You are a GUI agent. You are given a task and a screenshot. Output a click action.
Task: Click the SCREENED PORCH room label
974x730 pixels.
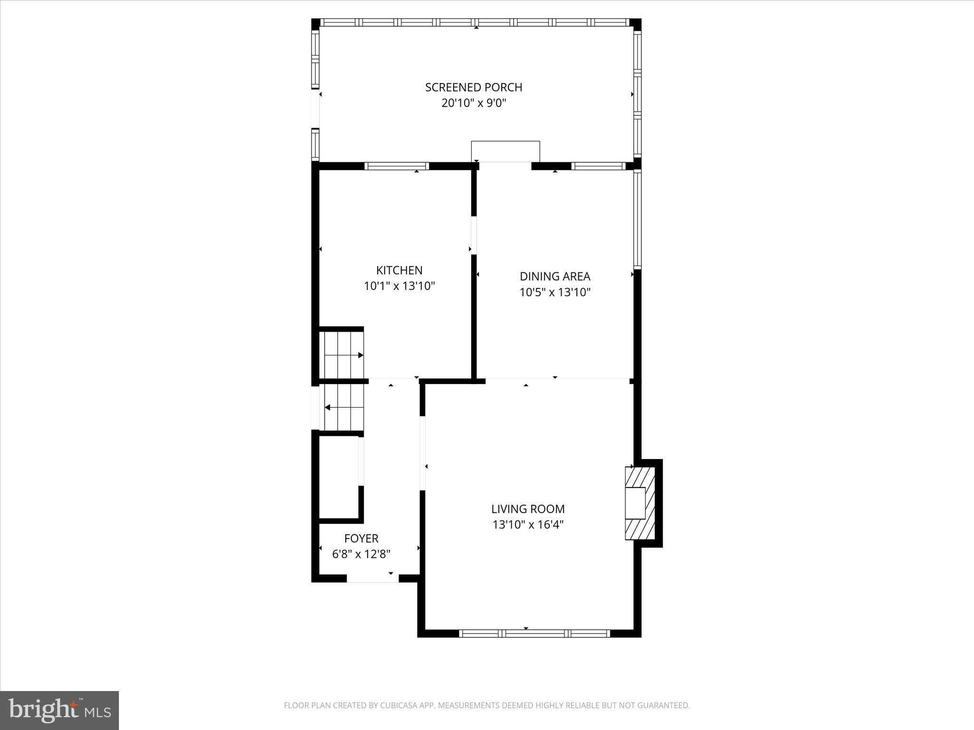(473, 87)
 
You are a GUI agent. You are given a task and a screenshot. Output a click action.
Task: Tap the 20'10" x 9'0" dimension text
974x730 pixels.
(473, 103)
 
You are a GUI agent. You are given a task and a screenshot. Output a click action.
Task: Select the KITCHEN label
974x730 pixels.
(399, 270)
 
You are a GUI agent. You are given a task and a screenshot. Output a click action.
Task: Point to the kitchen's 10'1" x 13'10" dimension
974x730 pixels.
(399, 286)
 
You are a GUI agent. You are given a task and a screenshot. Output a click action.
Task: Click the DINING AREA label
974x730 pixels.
(555, 276)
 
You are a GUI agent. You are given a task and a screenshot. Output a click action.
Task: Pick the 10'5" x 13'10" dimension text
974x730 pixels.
(555, 292)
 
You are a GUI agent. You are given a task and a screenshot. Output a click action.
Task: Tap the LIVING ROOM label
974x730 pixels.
(528, 509)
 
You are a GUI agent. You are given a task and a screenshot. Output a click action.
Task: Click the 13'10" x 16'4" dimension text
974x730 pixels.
(528, 525)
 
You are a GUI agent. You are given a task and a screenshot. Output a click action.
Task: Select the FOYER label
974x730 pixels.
(361, 538)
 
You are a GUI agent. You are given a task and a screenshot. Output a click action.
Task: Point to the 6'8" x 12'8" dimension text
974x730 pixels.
(361, 554)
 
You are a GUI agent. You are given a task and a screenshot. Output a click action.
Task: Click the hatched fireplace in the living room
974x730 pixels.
(640, 503)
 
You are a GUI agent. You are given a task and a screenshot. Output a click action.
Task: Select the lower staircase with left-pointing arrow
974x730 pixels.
(343, 408)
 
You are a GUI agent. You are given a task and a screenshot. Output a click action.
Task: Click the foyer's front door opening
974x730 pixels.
(372, 578)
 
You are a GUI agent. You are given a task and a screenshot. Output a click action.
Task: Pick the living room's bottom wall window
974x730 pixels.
(534, 633)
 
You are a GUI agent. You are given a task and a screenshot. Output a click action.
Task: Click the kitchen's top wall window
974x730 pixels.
(397, 166)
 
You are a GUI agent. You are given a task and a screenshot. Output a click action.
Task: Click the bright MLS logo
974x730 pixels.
(59, 710)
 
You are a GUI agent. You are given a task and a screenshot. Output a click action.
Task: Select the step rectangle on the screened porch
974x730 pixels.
(505, 152)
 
